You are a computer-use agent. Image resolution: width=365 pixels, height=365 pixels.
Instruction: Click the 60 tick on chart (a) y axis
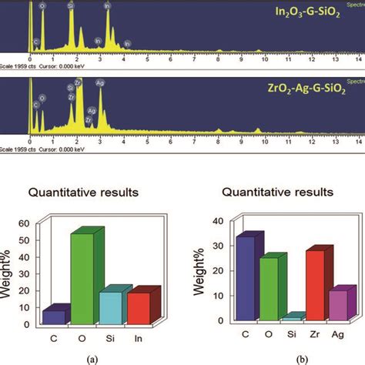pyautogui.click(x=32, y=223)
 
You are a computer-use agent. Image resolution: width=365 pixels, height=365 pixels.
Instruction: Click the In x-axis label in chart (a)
pyautogui.click(x=139, y=337)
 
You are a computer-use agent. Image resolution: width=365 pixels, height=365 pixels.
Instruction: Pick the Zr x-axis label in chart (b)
pyautogui.click(x=316, y=337)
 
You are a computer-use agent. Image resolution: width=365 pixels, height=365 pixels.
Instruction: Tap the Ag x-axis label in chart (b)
pyautogui.click(x=340, y=337)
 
